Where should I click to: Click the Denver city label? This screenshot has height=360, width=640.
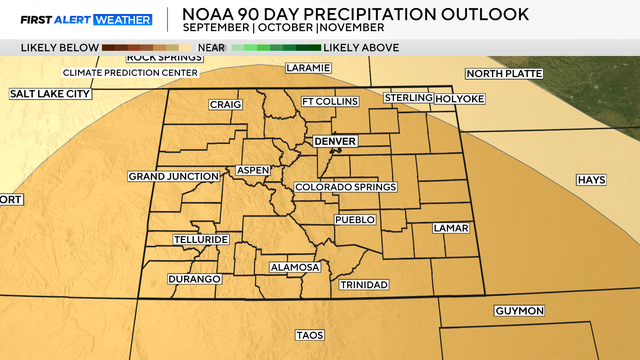click(x=335, y=142)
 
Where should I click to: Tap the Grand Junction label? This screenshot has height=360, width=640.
click(x=173, y=177)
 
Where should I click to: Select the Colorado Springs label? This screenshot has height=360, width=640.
click(x=346, y=187)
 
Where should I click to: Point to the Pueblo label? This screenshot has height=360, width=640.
click(x=355, y=219)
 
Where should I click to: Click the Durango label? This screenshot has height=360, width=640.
click(x=194, y=279)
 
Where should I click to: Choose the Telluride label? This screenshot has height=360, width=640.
click(x=201, y=240)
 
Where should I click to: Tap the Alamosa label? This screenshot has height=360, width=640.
click(x=294, y=267)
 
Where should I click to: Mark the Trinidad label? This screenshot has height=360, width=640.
click(x=364, y=285)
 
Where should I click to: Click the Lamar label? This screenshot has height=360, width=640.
click(x=451, y=228)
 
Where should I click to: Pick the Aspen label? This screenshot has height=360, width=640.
click(x=253, y=171)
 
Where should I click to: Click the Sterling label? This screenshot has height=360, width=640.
click(x=408, y=98)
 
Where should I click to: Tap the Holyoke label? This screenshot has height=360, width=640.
click(x=459, y=98)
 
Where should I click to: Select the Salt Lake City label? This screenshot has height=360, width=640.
click(x=50, y=94)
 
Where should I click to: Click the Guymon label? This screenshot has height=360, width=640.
click(x=519, y=311)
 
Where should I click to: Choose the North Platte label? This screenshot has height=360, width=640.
click(x=501, y=73)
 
